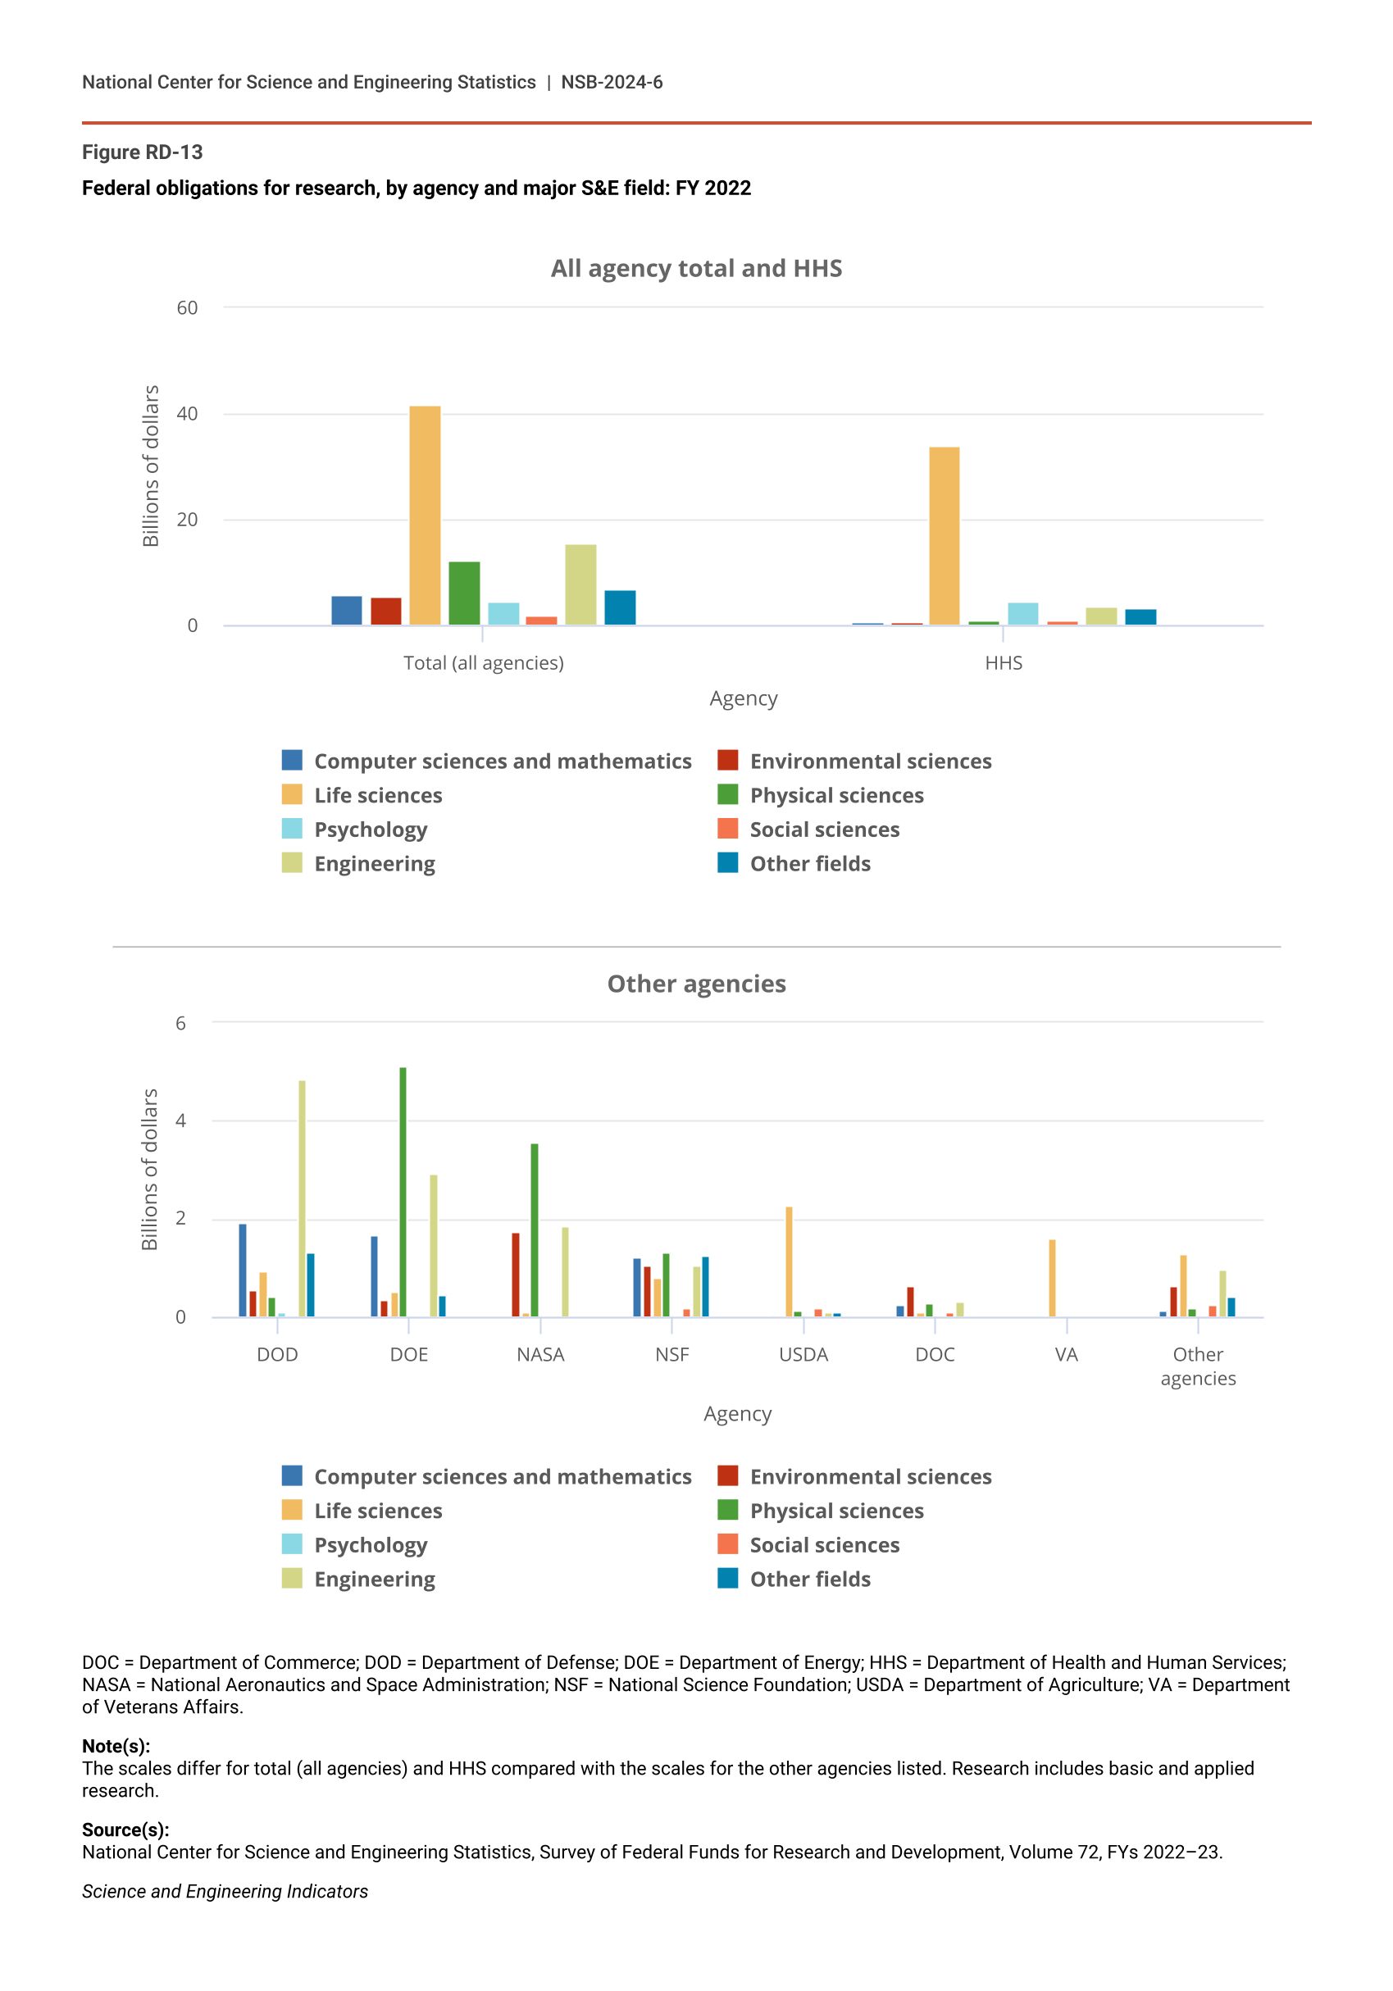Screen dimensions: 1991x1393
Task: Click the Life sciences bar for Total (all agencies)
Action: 424,515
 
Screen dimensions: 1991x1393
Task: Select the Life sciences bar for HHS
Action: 944,535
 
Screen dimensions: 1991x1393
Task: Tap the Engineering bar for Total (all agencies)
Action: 580,584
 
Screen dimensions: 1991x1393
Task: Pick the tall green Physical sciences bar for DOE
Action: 403,1192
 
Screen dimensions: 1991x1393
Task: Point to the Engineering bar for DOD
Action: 302,1198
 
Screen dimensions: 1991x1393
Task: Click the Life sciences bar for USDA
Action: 789,1261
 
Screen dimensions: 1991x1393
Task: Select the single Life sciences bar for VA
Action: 1052,1277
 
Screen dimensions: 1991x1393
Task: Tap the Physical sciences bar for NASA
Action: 535,1230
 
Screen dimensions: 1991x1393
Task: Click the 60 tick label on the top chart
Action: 188,308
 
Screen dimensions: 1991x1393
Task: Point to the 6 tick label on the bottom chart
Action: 180,1023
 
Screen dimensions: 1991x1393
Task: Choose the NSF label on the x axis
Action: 671,1354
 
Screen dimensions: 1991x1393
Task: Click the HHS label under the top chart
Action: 1004,662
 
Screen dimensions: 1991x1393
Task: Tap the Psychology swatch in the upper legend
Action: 293,829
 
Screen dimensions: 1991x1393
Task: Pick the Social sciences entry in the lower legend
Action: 823,1544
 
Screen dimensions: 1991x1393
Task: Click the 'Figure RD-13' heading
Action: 142,152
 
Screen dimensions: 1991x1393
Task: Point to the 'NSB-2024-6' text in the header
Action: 612,83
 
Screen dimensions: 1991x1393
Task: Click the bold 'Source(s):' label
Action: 125,1830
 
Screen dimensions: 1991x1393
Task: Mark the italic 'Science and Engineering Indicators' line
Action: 225,1891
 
